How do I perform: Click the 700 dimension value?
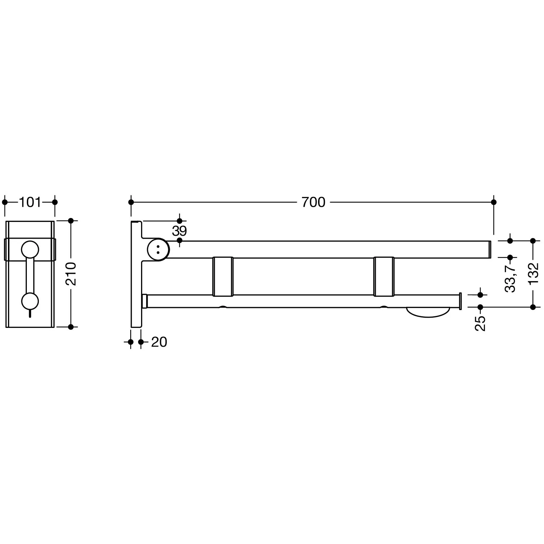[313, 202]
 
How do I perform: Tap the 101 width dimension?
[30, 202]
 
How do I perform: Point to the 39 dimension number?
[179, 231]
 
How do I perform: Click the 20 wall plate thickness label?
[159, 342]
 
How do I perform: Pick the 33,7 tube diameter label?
[510, 278]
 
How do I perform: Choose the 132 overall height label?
[533, 274]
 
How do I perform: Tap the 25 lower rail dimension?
[480, 323]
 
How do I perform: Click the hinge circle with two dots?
[158, 249]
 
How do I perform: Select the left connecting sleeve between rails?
[223, 276]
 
